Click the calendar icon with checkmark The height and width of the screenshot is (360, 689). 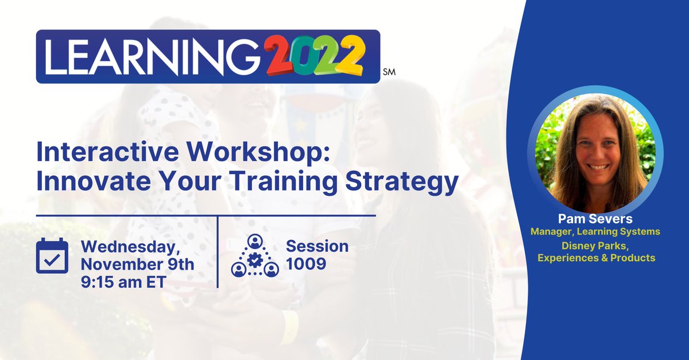52,256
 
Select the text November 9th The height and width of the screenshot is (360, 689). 137,265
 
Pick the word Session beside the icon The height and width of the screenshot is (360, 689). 318,246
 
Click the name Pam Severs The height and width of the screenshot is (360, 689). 595,219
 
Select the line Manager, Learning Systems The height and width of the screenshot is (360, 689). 595,231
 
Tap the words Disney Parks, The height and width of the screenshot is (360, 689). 595,246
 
